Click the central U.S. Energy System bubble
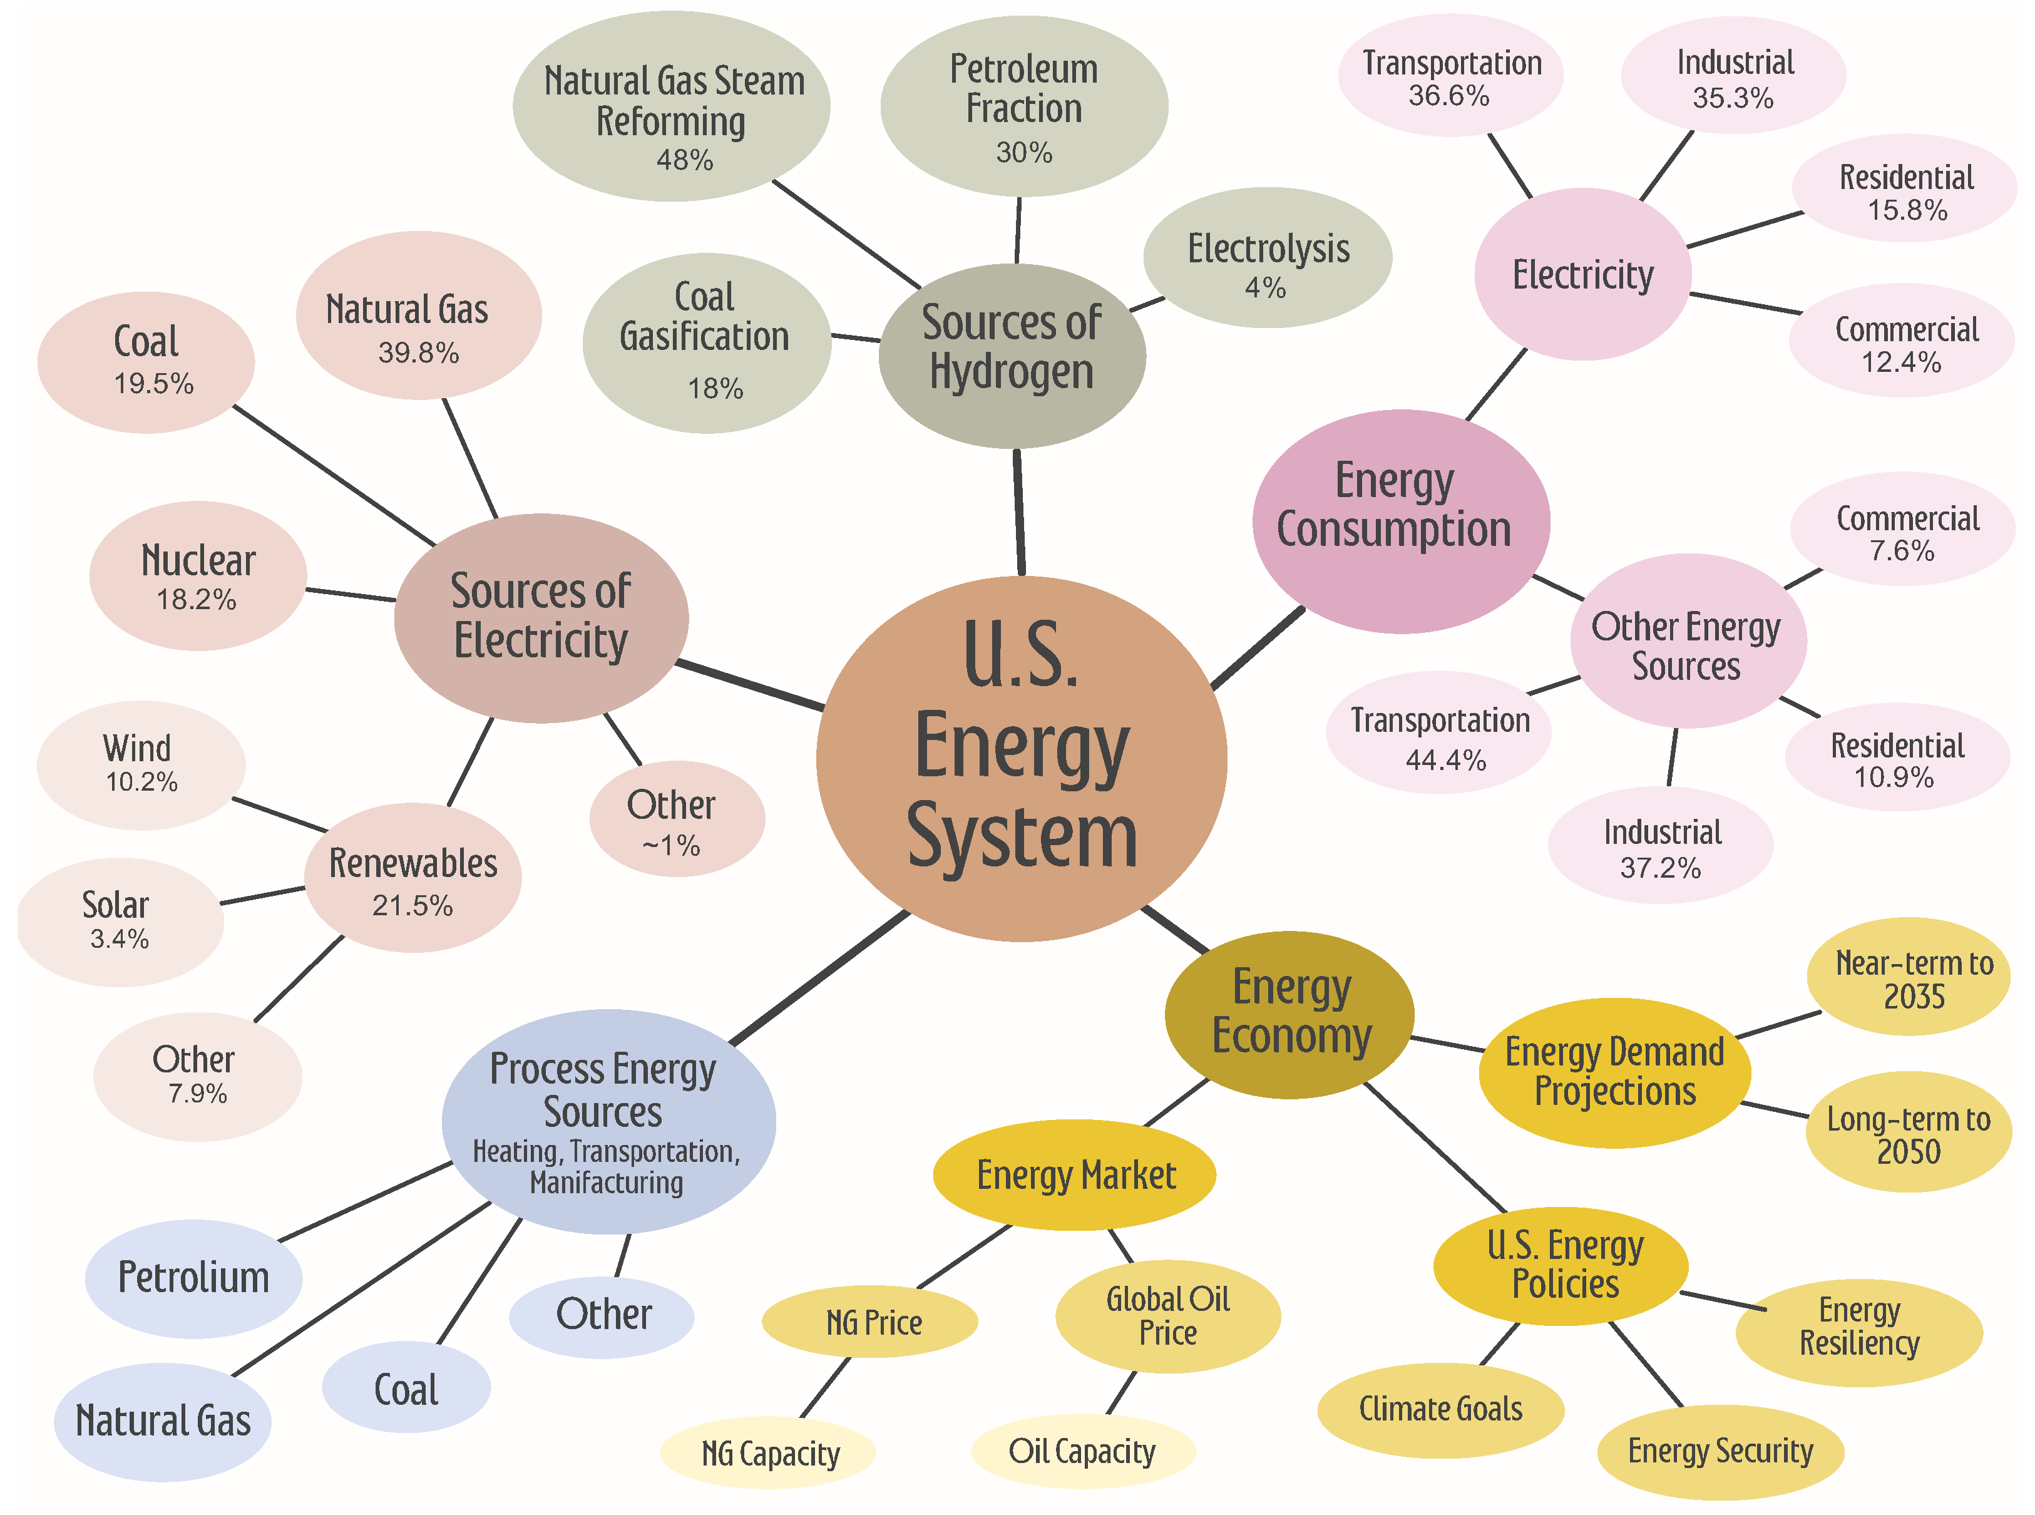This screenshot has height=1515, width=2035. [1021, 757]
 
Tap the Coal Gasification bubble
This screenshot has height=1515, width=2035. [705, 342]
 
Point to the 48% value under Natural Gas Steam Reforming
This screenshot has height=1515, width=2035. [684, 160]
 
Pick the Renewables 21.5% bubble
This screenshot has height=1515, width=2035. [413, 878]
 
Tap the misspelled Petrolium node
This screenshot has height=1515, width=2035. [193, 1278]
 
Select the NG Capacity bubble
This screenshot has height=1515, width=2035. [769, 1452]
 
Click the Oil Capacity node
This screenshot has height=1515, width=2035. [1082, 1451]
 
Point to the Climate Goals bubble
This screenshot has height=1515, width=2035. [1440, 1409]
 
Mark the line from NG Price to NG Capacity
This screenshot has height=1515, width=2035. [826, 1387]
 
